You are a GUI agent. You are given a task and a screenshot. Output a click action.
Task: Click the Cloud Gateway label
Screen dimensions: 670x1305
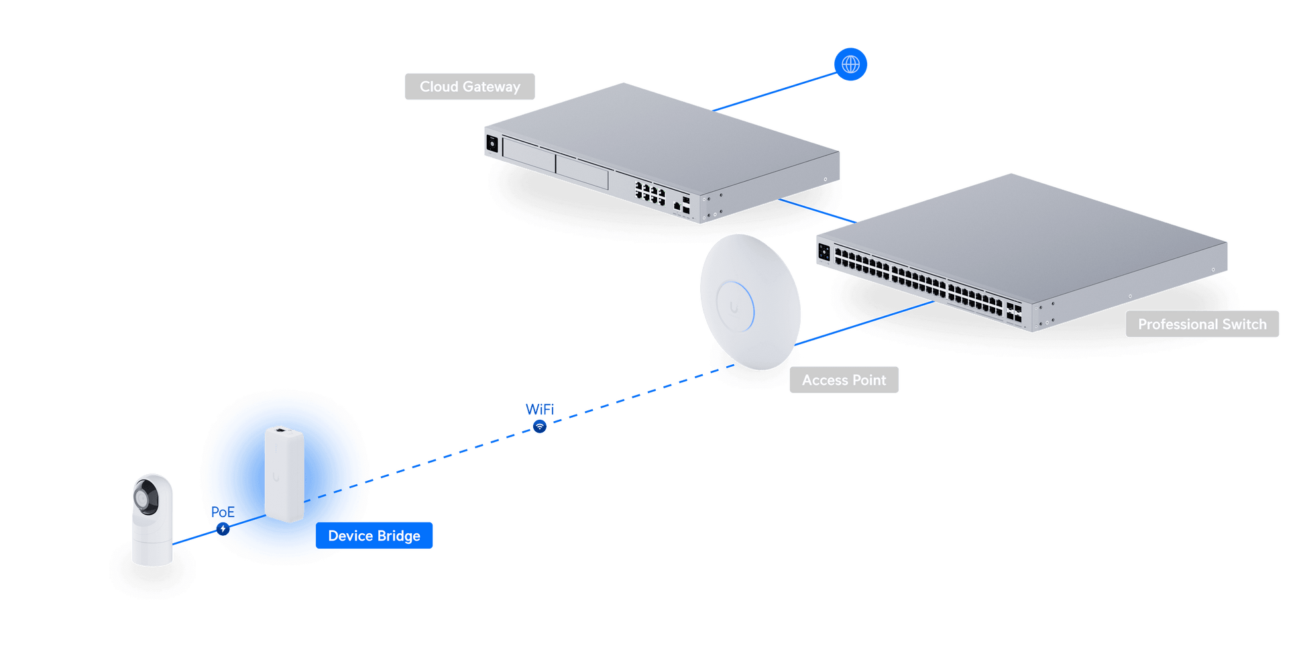click(x=469, y=87)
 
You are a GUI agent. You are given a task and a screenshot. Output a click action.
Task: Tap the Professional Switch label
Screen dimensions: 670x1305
click(x=1202, y=325)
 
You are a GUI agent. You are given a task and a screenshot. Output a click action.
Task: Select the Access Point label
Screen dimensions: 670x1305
click(x=844, y=380)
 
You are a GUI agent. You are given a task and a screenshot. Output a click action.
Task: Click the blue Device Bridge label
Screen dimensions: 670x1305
click(x=374, y=536)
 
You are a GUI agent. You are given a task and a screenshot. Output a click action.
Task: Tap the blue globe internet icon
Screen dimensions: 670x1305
click(x=850, y=64)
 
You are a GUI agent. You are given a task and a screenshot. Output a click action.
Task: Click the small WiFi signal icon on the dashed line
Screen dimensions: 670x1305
click(x=540, y=427)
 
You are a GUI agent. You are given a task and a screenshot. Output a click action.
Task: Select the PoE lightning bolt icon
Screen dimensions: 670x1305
click(x=223, y=529)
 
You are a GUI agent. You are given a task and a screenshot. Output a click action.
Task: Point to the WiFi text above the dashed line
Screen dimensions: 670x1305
click(x=539, y=409)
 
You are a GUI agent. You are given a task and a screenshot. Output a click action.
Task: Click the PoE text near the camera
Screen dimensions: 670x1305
click(x=223, y=512)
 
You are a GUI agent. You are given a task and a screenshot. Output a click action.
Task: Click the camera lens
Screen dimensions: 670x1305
click(x=144, y=498)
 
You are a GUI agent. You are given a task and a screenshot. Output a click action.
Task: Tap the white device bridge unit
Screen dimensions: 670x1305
click(x=284, y=473)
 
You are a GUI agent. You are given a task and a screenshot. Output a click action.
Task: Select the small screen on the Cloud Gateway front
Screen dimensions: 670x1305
click(x=492, y=143)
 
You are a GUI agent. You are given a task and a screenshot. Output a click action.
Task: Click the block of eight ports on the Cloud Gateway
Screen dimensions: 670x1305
click(x=650, y=193)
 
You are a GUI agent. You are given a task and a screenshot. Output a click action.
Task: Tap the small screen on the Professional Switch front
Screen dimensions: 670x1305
click(x=824, y=253)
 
